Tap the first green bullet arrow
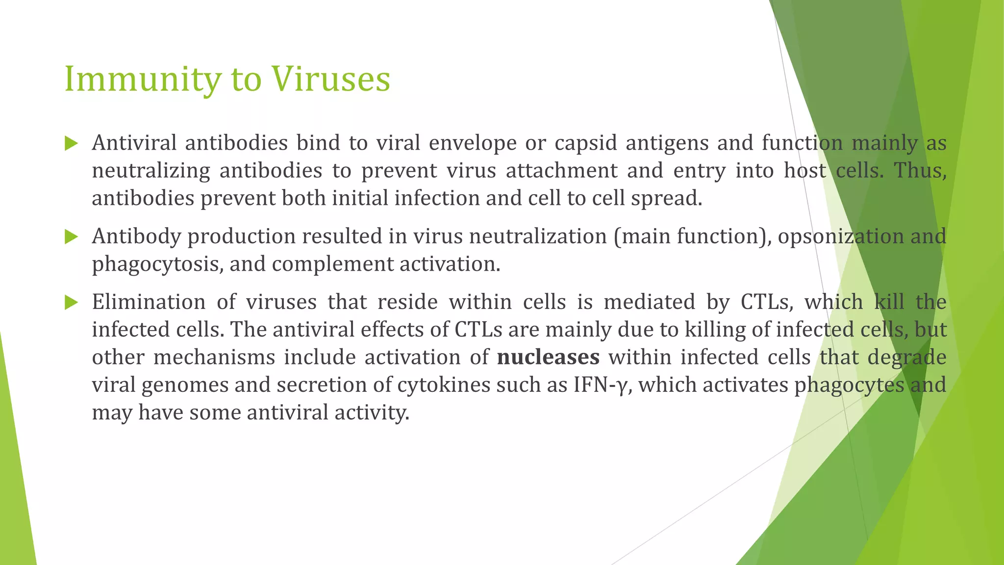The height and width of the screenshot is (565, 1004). pyautogui.click(x=72, y=144)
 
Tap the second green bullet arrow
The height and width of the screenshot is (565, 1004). pyautogui.click(x=72, y=237)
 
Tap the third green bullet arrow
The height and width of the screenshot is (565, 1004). pyautogui.click(x=72, y=303)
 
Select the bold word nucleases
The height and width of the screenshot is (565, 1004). pyautogui.click(x=548, y=357)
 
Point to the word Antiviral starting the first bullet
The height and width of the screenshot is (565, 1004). pyautogui.click(x=134, y=143)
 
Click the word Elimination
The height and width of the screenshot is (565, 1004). pyautogui.click(x=149, y=302)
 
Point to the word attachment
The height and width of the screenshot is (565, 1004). pyautogui.click(x=561, y=171)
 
